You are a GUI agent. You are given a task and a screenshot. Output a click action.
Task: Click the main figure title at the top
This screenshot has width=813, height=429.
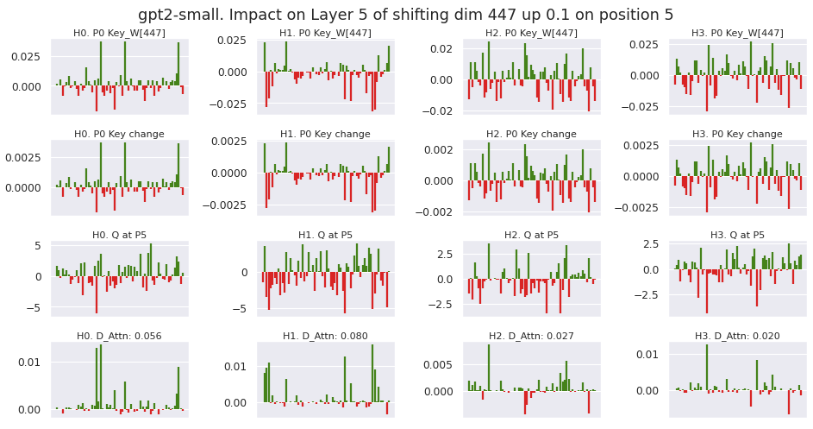(406, 15)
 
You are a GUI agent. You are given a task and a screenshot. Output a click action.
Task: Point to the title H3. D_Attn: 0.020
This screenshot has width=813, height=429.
(737, 336)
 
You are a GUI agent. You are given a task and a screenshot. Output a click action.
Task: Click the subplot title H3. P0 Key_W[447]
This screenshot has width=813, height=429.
(737, 34)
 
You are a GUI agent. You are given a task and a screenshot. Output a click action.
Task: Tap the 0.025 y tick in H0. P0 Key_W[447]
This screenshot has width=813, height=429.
(30, 56)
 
